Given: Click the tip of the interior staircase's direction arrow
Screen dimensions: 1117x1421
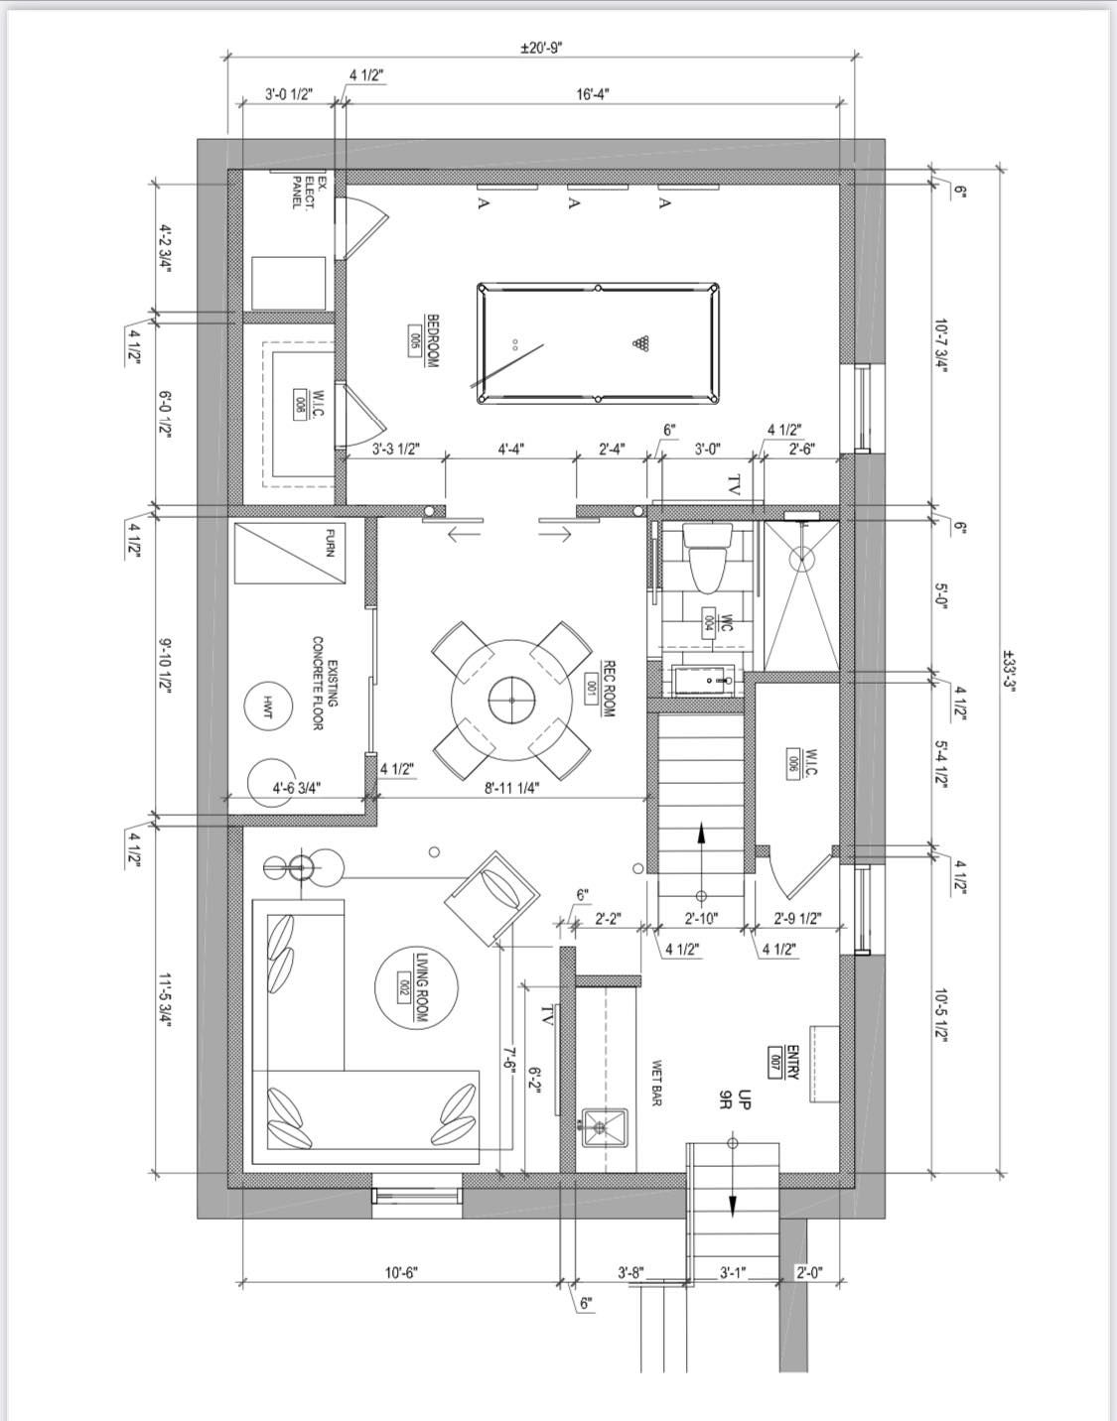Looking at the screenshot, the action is coord(701,823).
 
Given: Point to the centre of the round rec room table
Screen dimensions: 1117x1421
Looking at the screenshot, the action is coord(512,701).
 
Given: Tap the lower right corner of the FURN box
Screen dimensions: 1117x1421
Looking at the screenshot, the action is coord(346,583).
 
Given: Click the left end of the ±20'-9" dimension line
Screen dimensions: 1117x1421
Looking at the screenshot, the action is coord(227,57).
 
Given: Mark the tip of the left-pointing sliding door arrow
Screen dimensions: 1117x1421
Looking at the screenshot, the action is coord(449,534).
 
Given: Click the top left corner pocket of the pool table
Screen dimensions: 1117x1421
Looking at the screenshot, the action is coord(483,288).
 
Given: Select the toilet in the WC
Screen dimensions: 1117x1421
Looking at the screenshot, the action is coord(706,558).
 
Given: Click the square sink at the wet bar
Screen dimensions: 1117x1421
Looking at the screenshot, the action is coord(605,1126).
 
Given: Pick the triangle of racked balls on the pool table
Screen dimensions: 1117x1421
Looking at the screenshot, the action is coord(640,342).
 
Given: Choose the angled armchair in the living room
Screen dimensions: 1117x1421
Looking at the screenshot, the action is coord(492,897).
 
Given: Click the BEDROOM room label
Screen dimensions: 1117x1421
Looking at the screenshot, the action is coord(432,340).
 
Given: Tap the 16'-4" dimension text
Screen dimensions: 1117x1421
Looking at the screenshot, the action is coord(593,94).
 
